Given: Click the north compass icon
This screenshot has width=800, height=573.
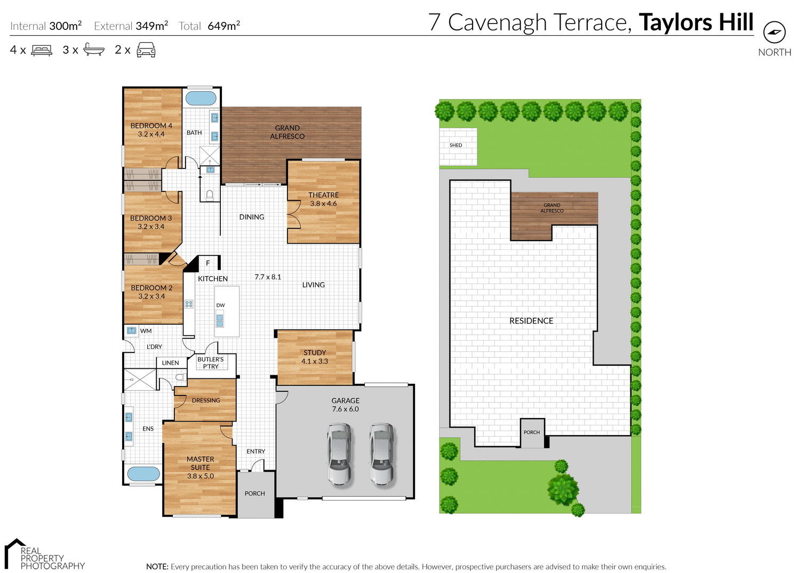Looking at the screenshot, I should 774,33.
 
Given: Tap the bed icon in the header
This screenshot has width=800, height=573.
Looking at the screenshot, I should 42,50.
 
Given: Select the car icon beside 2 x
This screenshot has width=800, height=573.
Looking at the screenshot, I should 146,50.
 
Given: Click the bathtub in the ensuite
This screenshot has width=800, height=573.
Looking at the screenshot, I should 143,474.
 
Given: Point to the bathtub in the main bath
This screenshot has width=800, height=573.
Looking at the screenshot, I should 201,98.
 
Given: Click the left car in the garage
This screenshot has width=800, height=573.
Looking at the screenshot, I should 340,454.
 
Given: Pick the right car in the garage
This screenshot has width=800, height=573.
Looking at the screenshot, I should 382,454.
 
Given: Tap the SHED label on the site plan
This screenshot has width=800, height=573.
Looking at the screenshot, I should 455,145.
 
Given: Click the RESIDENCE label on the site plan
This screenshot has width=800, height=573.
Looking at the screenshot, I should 531,321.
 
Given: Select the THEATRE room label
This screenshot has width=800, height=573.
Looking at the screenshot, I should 323,195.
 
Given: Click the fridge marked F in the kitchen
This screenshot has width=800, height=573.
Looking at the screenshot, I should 208,263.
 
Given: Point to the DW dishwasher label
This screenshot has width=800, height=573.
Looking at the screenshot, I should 220,305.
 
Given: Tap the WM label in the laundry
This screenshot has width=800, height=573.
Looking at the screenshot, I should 146,331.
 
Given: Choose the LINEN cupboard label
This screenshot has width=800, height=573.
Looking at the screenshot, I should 171,363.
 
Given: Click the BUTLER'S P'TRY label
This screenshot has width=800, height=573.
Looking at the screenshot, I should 211,363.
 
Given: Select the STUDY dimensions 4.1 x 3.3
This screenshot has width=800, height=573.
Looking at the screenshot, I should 315,361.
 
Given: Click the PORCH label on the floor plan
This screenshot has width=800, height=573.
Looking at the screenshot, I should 255,494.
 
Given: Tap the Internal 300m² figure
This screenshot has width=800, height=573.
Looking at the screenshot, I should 65,26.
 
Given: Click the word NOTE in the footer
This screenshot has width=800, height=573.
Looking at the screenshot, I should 157,567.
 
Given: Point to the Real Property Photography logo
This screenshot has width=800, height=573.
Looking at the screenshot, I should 45,555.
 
